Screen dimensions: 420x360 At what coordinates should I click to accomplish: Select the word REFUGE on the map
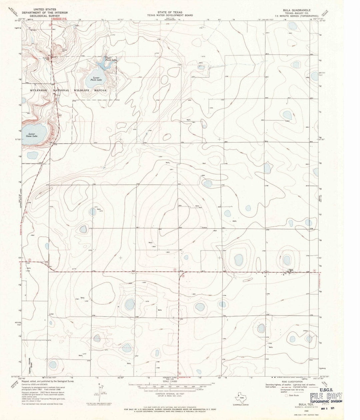pyautogui.click(x=100, y=90)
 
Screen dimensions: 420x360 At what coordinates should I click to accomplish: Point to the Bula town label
pyautogui.click(x=291, y=270)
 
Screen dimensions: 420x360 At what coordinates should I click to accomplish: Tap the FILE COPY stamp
pyautogui.click(x=326, y=396)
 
